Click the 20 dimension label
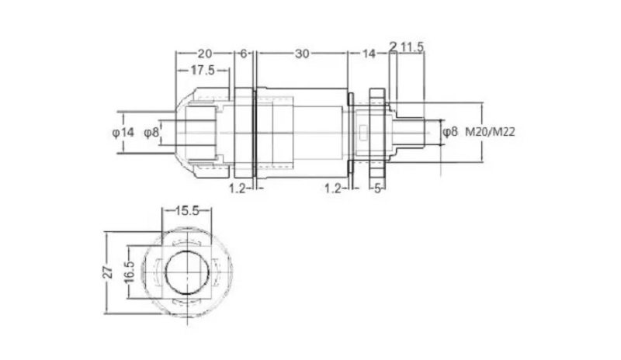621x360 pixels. [204, 53]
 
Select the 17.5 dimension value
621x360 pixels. [203, 70]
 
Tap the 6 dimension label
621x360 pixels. [244, 53]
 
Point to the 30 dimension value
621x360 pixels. [302, 54]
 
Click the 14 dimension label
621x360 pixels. [368, 54]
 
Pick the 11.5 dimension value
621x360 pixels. [411, 47]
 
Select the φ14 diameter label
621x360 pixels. [123, 132]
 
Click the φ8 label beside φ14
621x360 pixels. [151, 132]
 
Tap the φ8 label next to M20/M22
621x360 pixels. [449, 132]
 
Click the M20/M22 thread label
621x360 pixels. [490, 132]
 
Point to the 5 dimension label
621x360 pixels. [377, 189]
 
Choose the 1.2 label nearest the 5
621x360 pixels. [333, 189]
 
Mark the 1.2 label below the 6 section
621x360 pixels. [238, 189]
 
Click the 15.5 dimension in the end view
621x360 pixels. [187, 211]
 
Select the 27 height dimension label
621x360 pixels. [108, 273]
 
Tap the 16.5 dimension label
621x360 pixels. [130, 272]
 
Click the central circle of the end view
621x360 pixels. [165, 273]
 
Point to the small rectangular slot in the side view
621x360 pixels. [363, 133]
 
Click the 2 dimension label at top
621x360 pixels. [393, 47]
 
